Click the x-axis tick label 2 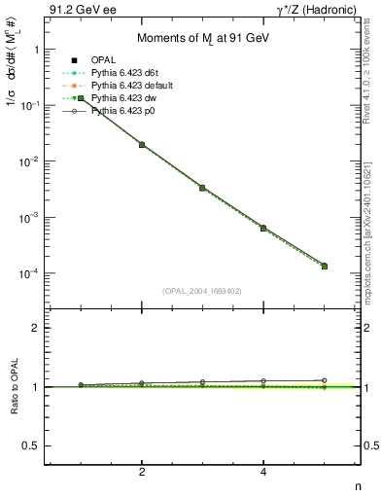tap(143, 472)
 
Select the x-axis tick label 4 tap(263, 472)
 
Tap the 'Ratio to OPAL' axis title tap(14, 386)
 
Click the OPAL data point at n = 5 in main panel tap(325, 266)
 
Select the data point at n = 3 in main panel tap(203, 187)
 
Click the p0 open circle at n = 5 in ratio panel tap(325, 380)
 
